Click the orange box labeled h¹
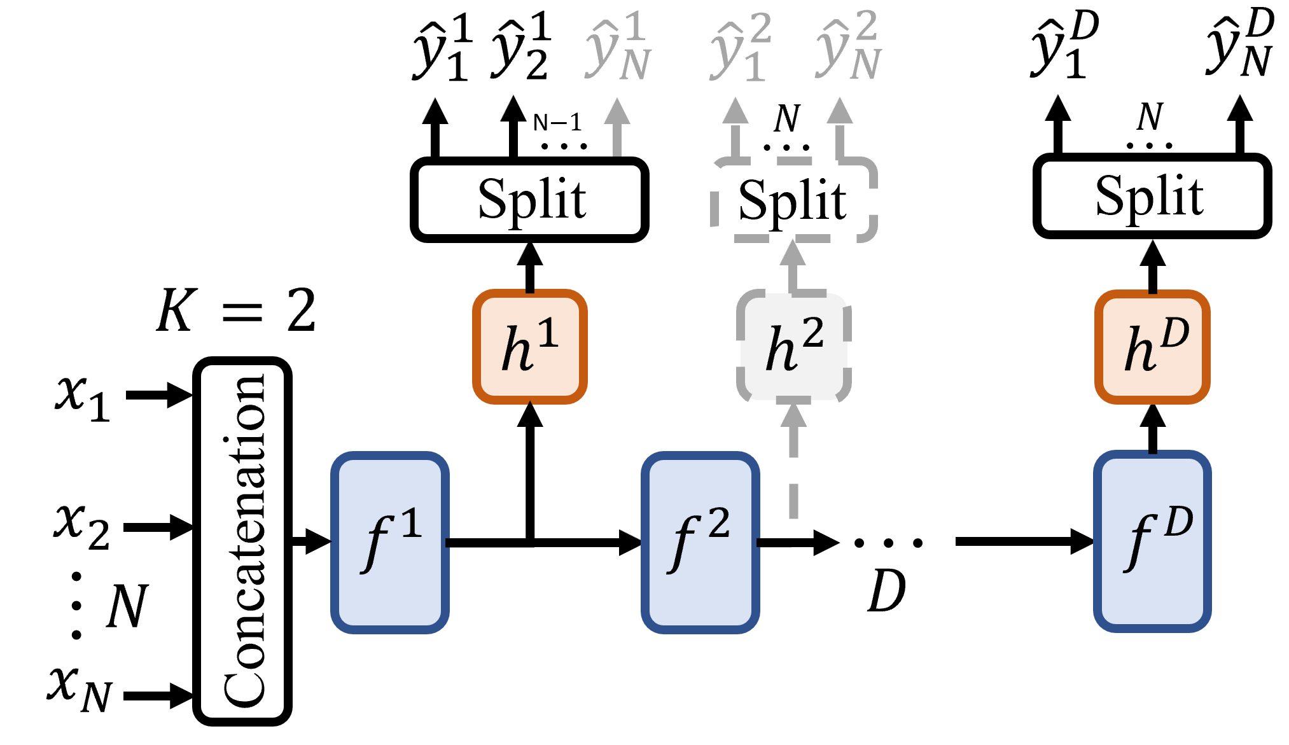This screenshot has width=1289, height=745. pos(529,347)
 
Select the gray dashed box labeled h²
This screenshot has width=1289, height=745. pos(793,347)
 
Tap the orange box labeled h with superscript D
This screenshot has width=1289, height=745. pos(1152,347)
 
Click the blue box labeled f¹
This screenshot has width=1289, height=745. pos(390,542)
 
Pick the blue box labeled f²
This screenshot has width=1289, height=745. pos(700,542)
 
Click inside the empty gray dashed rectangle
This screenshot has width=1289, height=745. pos(794,199)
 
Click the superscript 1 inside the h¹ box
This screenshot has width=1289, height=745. pos(548,333)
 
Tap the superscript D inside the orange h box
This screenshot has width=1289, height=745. pos(1174,333)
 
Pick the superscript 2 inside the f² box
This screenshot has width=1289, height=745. pos(719,524)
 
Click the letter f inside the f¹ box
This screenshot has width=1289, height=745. pos(377,544)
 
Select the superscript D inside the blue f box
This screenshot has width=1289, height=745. pos(1178,522)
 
